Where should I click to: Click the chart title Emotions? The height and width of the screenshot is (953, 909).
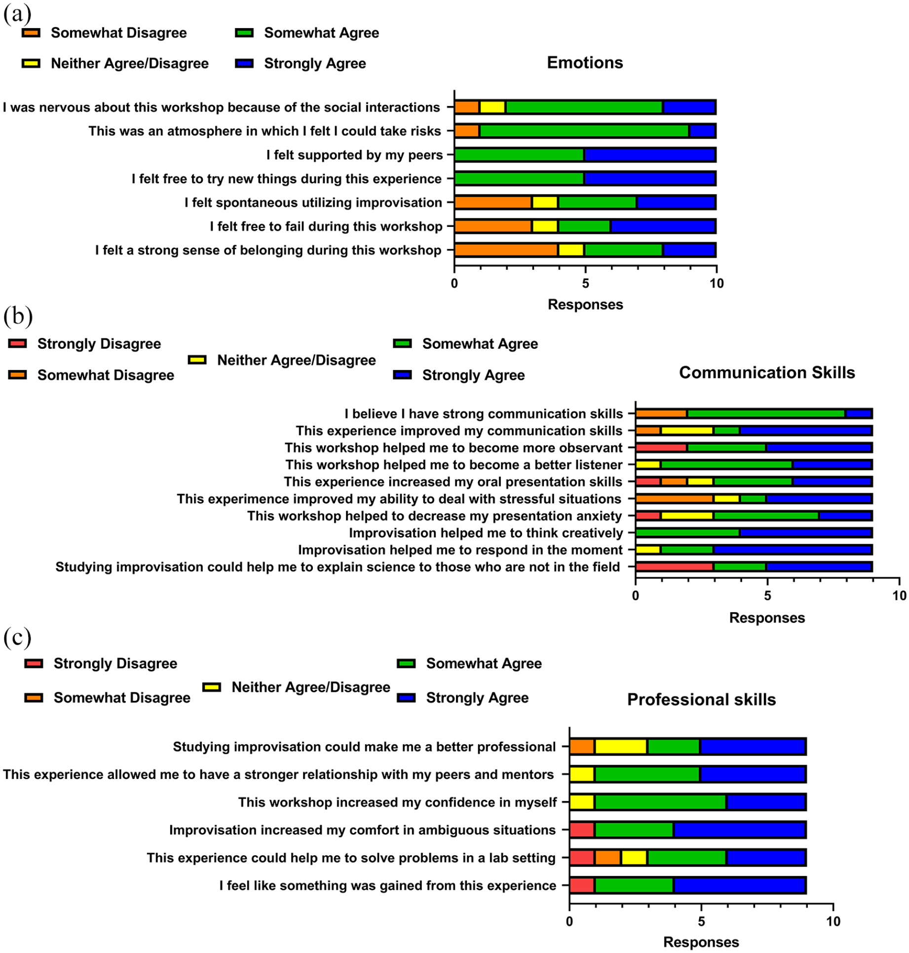pyautogui.click(x=585, y=63)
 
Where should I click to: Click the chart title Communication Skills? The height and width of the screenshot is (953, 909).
pyautogui.click(x=767, y=372)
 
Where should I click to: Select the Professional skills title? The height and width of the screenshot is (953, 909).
pyautogui.click(x=701, y=699)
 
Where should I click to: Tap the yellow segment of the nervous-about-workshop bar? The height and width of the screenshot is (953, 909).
pyautogui.click(x=492, y=107)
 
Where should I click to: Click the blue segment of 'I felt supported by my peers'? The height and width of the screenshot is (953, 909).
pyautogui.click(x=650, y=155)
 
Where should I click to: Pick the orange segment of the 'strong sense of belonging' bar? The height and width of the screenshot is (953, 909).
pyautogui.click(x=506, y=250)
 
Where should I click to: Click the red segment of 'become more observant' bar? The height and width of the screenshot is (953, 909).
pyautogui.click(x=661, y=448)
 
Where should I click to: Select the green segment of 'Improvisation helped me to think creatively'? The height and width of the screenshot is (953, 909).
pyautogui.click(x=687, y=533)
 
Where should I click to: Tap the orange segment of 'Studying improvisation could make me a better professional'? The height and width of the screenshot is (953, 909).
pyautogui.click(x=582, y=747)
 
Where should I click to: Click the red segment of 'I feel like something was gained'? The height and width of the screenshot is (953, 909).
pyautogui.click(x=582, y=885)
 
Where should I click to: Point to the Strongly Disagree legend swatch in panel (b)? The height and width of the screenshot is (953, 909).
pyautogui.click(x=18, y=343)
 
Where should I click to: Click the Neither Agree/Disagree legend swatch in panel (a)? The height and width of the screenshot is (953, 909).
pyautogui.click(x=31, y=63)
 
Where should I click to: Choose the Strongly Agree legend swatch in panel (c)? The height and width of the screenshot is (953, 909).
pyautogui.click(x=407, y=697)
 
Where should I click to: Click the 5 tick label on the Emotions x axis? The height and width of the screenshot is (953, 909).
pyautogui.click(x=585, y=284)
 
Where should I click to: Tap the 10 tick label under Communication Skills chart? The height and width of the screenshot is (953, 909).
pyautogui.click(x=899, y=596)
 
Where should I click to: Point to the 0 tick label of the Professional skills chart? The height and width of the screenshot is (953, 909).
pyautogui.click(x=569, y=921)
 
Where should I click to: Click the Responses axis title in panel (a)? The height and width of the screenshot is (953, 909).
pyautogui.click(x=585, y=304)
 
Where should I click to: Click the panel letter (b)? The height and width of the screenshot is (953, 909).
pyautogui.click(x=18, y=316)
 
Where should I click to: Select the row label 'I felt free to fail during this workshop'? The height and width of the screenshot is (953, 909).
pyautogui.click(x=326, y=226)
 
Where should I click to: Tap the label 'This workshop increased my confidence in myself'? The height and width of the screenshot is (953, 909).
pyautogui.click(x=397, y=803)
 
